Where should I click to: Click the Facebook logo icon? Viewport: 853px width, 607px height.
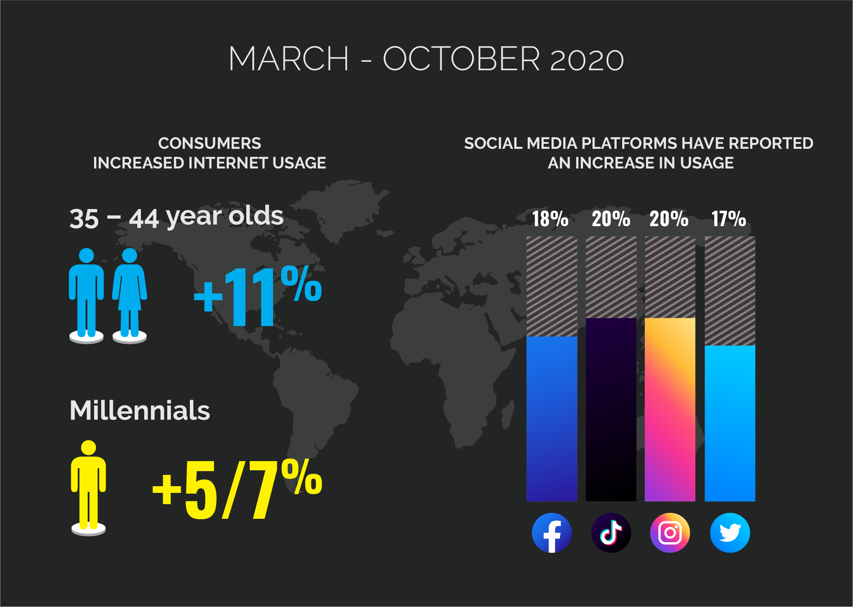[552, 533]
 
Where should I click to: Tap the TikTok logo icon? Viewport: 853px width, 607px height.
[611, 533]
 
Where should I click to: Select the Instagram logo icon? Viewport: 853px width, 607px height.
[670, 533]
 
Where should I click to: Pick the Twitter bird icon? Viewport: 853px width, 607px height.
[730, 533]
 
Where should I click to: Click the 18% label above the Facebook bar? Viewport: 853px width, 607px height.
[550, 219]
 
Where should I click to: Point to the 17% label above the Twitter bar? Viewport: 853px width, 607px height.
[729, 219]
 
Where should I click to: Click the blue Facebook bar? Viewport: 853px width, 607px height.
[552, 419]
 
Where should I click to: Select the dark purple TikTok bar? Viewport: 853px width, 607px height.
[611, 410]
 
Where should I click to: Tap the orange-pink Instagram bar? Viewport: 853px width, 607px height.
[670, 410]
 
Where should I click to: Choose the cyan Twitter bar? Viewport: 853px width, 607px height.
[730, 423]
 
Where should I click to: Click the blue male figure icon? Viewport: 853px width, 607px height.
[86, 295]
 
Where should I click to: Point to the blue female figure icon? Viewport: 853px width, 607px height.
[130, 295]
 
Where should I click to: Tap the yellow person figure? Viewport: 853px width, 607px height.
[88, 487]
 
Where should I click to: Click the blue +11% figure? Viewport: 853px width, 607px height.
[258, 295]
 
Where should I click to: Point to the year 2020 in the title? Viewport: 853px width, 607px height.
[587, 60]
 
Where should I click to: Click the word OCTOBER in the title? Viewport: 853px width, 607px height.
[461, 59]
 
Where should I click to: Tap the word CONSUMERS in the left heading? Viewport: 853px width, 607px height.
[209, 143]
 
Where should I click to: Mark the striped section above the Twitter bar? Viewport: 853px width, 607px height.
[730, 291]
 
